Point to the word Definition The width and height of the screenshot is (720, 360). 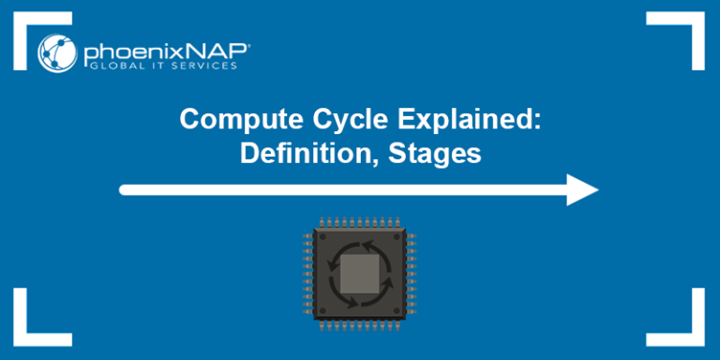point(296,152)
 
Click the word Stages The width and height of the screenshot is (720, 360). point(433,152)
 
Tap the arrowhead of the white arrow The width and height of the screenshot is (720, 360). point(583,189)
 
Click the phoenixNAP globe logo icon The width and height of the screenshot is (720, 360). point(57,52)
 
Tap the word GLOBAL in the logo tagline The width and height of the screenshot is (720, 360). point(106,66)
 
